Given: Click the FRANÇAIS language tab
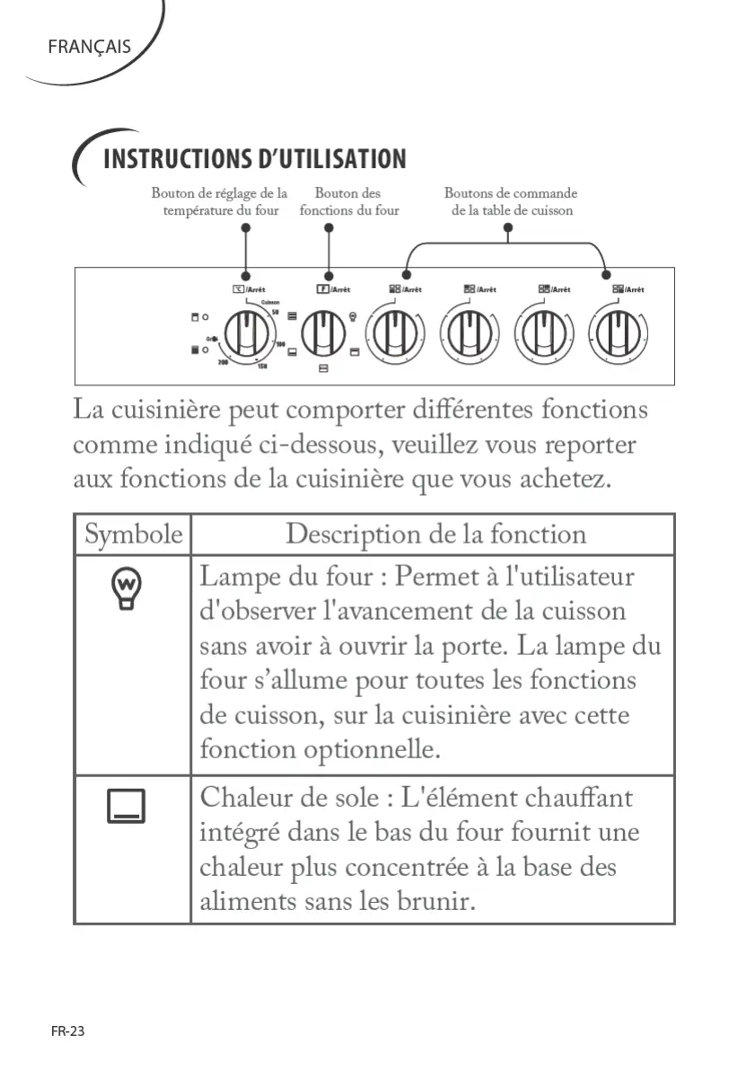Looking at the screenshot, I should [x=89, y=47].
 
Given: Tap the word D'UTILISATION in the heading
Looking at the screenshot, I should [x=331, y=160].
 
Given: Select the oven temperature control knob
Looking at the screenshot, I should [x=244, y=335].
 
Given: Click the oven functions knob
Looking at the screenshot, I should [x=322, y=335].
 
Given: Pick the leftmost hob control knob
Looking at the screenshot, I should [x=393, y=335].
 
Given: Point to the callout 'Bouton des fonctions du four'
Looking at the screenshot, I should [x=348, y=201].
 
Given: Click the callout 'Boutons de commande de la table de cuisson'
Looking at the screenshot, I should [x=511, y=201].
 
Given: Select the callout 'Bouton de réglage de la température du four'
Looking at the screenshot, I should [x=220, y=201].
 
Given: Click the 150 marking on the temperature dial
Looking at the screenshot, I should [x=262, y=367].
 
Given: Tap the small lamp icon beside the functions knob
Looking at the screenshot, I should [x=353, y=316].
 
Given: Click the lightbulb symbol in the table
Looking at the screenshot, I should [x=126, y=589].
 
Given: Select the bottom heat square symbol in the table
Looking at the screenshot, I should [x=126, y=805].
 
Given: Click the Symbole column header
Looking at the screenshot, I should [x=133, y=535].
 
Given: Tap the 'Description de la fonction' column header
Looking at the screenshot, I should [x=435, y=535].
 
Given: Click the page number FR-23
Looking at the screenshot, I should [x=67, y=1031].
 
